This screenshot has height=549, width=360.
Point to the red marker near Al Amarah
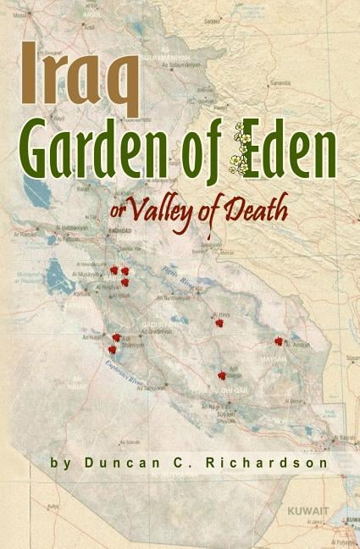click(279, 341)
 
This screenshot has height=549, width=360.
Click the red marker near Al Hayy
click(220, 322)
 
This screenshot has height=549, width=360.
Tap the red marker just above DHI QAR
click(222, 375)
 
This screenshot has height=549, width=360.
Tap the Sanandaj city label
click(280, 84)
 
